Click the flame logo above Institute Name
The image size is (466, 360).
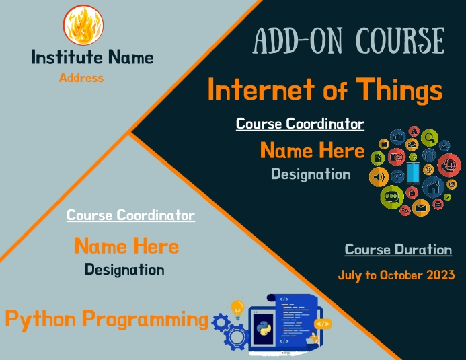pyautogui.click(x=83, y=26)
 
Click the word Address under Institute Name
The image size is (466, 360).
pyautogui.click(x=81, y=77)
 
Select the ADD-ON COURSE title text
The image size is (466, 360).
pyautogui.click(x=348, y=41)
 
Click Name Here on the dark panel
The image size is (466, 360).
pyautogui.click(x=312, y=150)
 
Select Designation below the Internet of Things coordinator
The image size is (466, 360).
pyautogui.click(x=310, y=174)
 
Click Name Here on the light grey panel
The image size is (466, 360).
pyautogui.click(x=126, y=246)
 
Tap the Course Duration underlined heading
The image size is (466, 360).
pyautogui.click(x=398, y=250)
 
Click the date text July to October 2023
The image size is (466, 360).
pyautogui.click(x=396, y=275)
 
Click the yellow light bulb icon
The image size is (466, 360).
pyautogui.click(x=237, y=309)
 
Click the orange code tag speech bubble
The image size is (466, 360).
pyautogui.click(x=323, y=324)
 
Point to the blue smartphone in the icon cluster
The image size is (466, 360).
pyautogui.click(x=413, y=172)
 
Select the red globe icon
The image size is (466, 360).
pyautogui.click(x=449, y=164)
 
